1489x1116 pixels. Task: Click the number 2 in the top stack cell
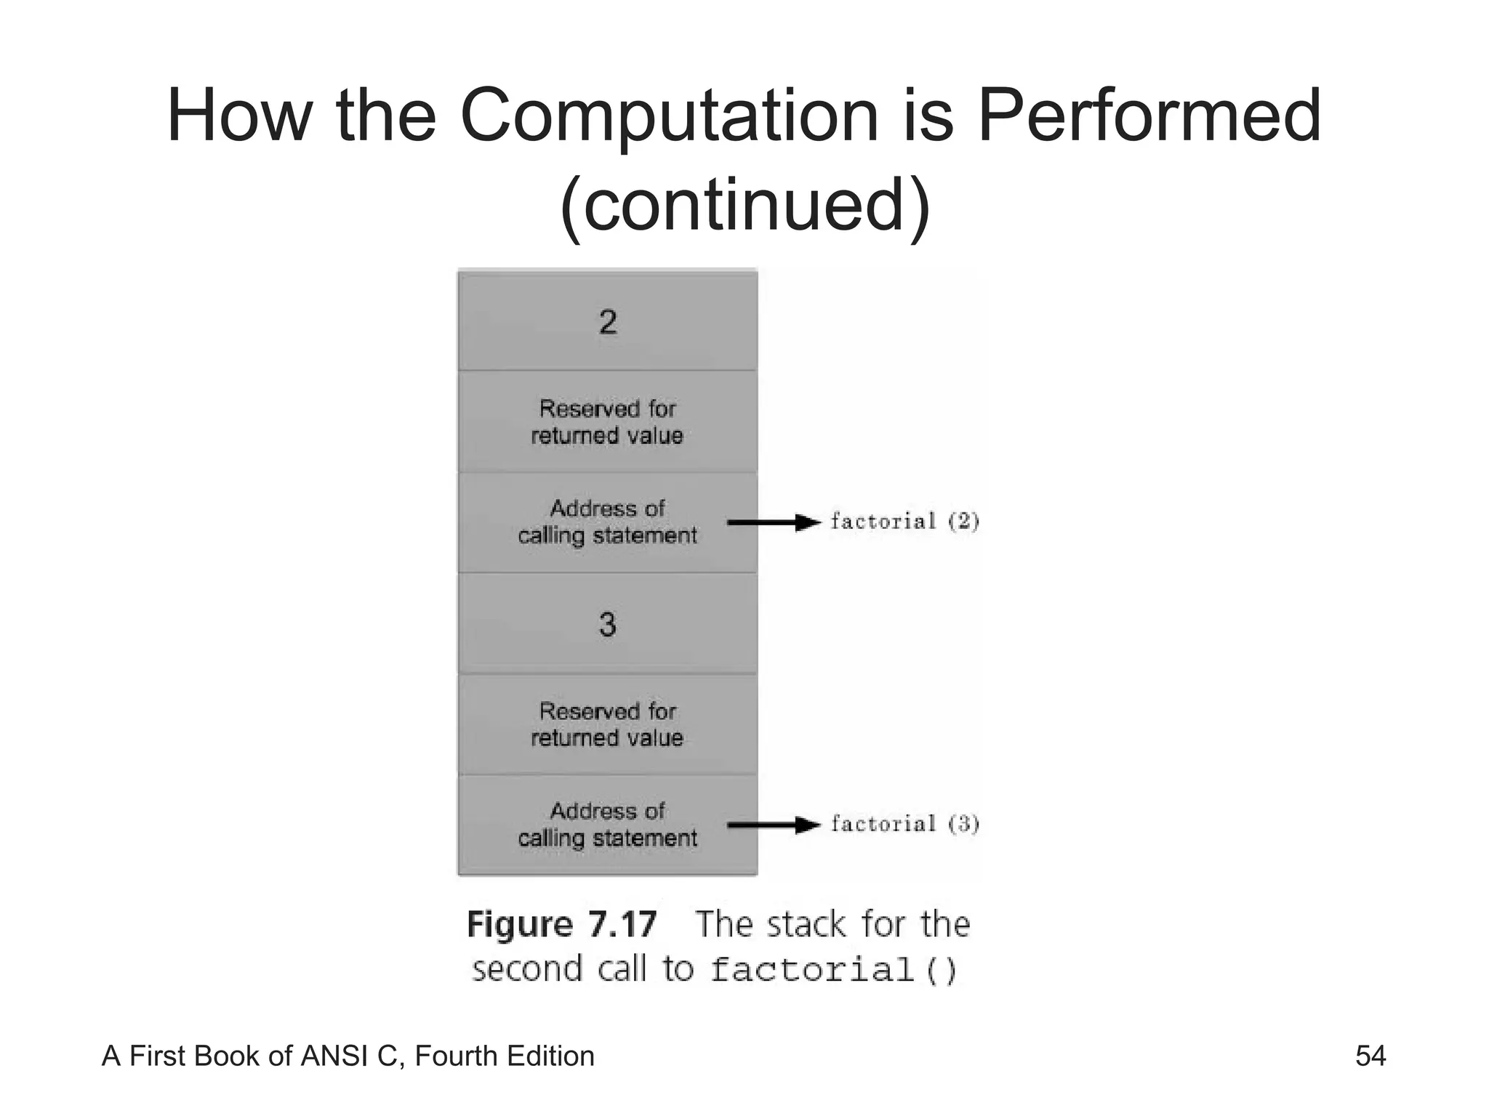click(608, 322)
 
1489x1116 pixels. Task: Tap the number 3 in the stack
click(608, 625)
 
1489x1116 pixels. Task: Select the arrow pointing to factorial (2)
click(774, 522)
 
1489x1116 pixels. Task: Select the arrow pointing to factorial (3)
click(774, 825)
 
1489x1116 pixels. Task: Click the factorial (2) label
click(905, 521)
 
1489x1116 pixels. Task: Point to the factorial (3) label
click(905, 824)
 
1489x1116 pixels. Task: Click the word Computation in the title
click(670, 116)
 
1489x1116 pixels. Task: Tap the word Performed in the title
click(1149, 116)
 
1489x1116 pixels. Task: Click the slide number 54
click(1370, 1056)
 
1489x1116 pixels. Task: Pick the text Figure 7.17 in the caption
click(562, 925)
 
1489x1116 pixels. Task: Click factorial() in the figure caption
click(833, 970)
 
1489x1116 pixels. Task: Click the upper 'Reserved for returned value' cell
click(608, 422)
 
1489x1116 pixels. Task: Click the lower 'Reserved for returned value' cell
click(608, 724)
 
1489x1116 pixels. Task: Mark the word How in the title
click(239, 116)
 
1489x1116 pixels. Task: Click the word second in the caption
click(527, 970)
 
